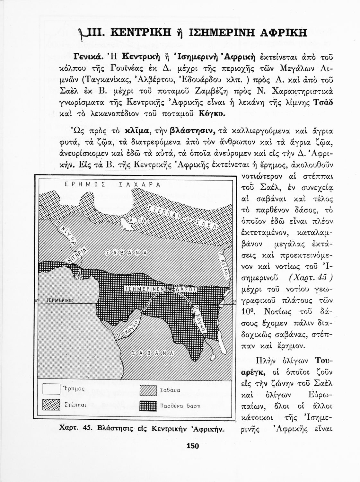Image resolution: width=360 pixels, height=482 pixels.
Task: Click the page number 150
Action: tap(193, 446)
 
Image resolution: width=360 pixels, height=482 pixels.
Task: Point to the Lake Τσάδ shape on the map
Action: tap(128, 223)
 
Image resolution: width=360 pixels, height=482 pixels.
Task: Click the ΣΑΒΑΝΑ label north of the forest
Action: tap(126, 253)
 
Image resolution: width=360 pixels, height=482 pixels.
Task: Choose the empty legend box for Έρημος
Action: tap(51, 389)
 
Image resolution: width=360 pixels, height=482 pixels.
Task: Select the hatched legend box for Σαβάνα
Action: tap(148, 390)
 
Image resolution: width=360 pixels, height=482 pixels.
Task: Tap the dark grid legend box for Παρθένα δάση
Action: tap(148, 406)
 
